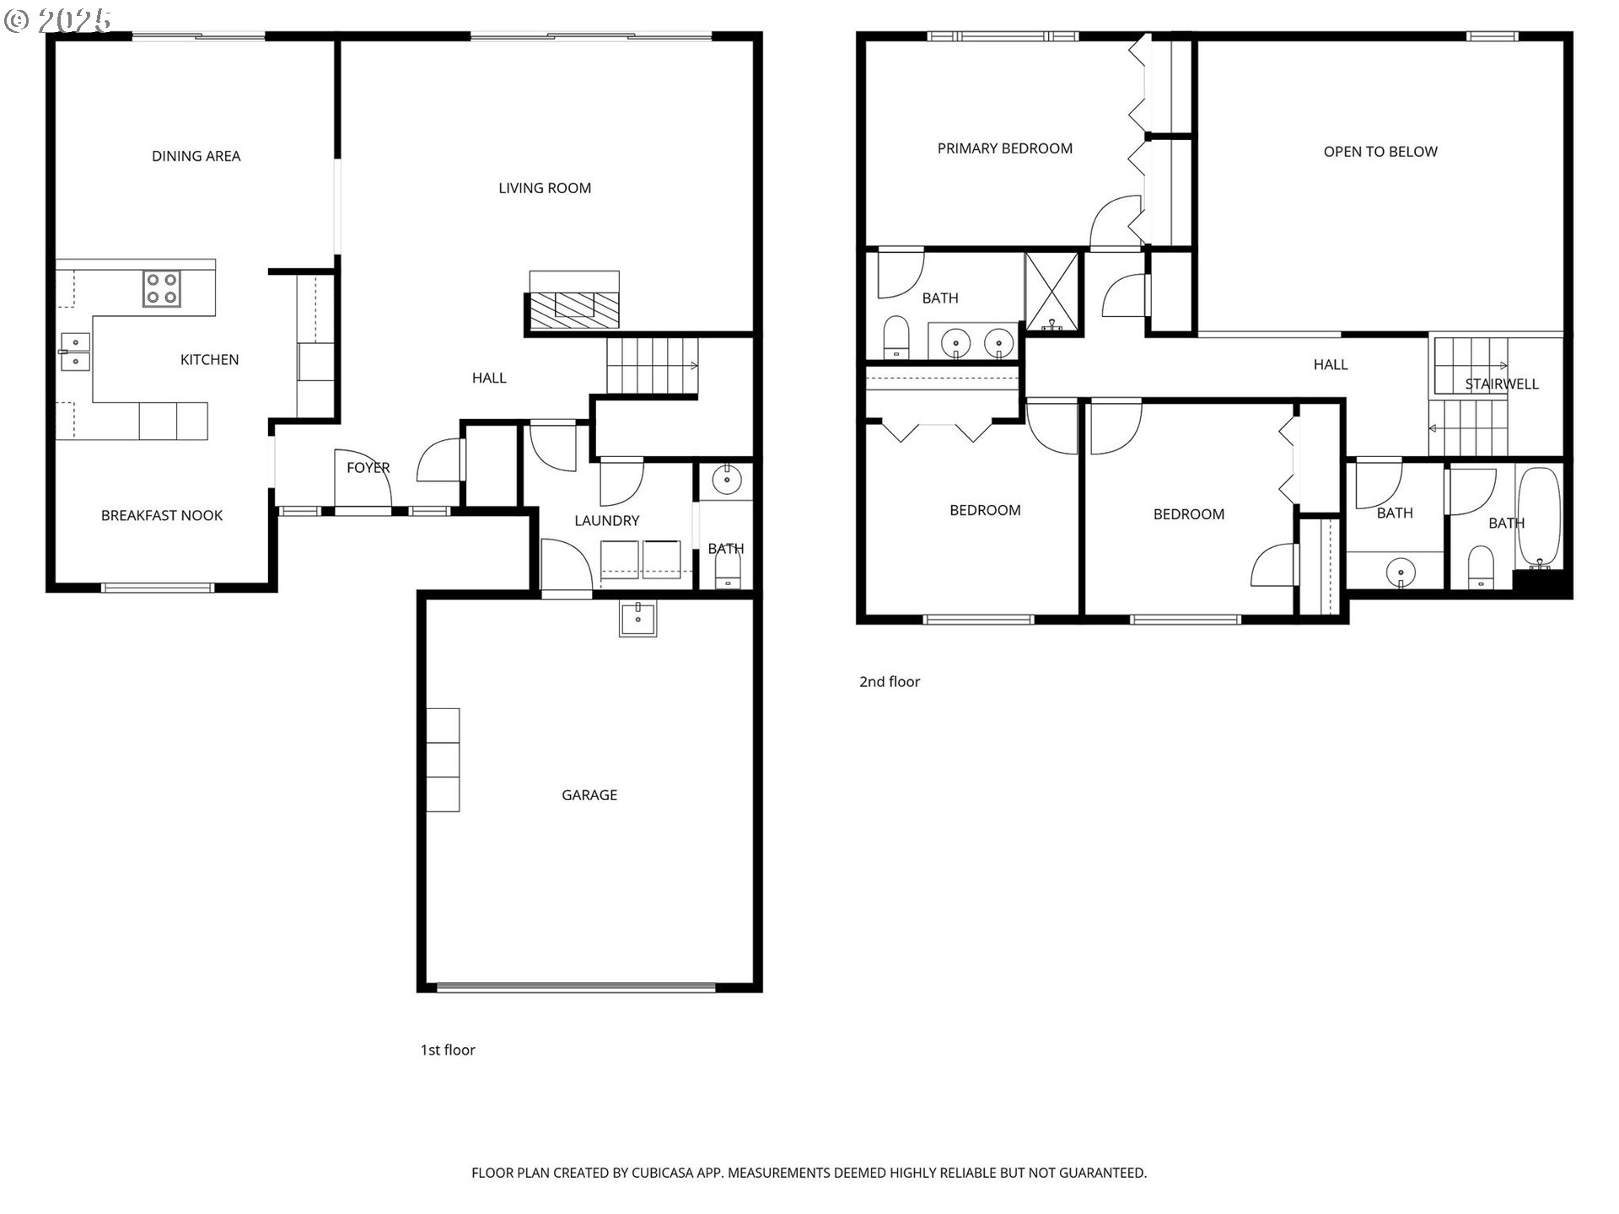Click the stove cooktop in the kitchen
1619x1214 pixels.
pyautogui.click(x=161, y=287)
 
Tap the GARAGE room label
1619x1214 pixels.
pyautogui.click(x=589, y=795)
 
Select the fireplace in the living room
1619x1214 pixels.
pyautogui.click(x=573, y=309)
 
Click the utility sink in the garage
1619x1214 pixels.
pyautogui.click(x=637, y=619)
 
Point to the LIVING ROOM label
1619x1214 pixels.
pyautogui.click(x=545, y=188)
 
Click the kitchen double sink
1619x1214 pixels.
pyautogui.click(x=75, y=352)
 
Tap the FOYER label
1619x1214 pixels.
pyautogui.click(x=368, y=468)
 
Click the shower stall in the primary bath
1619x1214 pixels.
pyautogui.click(x=1052, y=291)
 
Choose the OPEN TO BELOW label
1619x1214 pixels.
pyautogui.click(x=1380, y=152)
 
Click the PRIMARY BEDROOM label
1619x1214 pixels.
pyautogui.click(x=1005, y=148)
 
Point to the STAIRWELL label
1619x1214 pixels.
pyautogui.click(x=1502, y=384)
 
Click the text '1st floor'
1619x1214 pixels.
pyautogui.click(x=448, y=1050)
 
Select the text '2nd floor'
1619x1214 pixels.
pyautogui.click(x=890, y=681)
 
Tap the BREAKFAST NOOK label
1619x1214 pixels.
pyautogui.click(x=162, y=515)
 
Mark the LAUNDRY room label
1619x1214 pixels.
pyautogui.click(x=607, y=521)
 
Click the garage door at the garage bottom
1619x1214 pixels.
pyautogui.click(x=576, y=987)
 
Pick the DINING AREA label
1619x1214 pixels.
pyautogui.click(x=196, y=156)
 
